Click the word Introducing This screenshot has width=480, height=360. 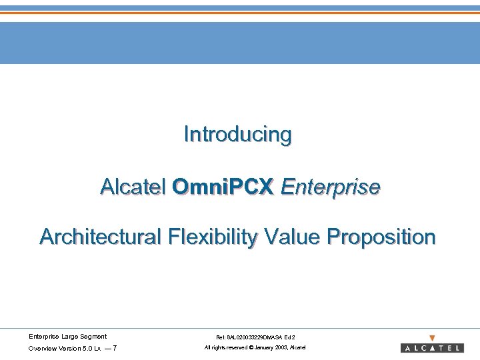click(238, 135)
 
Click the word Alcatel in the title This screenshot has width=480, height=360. click(133, 187)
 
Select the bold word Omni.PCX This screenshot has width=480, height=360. click(223, 187)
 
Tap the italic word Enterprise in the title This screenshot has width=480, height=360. click(331, 187)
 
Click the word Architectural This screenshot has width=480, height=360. click(100, 237)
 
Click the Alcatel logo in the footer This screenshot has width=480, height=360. click(432, 348)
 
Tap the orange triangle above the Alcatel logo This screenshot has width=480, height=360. click(432, 338)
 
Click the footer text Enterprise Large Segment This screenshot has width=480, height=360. click(67, 337)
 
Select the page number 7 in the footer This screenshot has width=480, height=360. click(115, 349)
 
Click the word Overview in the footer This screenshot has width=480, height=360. click(41, 349)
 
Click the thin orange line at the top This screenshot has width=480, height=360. click(240, 13)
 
